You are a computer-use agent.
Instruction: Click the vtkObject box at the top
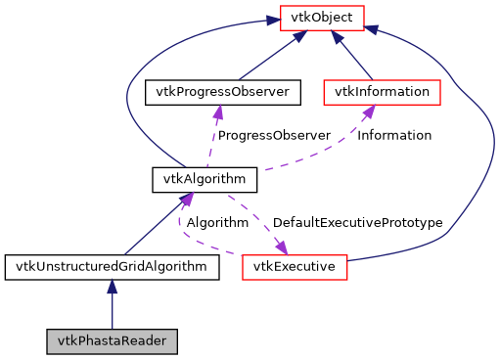[x=322, y=17]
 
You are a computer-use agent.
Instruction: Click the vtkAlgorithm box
[x=205, y=179]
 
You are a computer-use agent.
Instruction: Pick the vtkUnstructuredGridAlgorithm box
[x=112, y=266]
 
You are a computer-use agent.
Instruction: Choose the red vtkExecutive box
[x=295, y=266]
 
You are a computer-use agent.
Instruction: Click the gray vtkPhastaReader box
[x=112, y=341]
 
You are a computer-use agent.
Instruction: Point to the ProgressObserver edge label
[x=273, y=136]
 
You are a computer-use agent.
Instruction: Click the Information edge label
[x=393, y=136]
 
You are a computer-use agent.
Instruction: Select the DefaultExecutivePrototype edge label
[x=357, y=223]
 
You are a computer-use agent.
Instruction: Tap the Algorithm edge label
[x=217, y=223]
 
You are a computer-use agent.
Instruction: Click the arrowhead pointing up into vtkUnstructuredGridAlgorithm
[x=112, y=287]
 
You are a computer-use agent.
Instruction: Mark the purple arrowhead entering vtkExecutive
[x=280, y=247]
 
